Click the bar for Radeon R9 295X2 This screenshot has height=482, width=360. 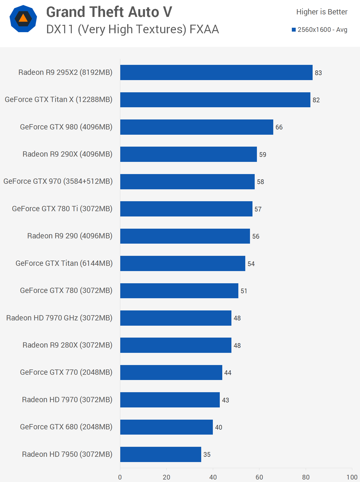pyautogui.click(x=216, y=72)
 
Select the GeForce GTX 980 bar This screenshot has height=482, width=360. pyautogui.click(x=196, y=127)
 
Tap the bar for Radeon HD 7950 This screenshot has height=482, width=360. pyautogui.click(x=160, y=454)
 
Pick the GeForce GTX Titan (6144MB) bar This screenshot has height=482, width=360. pyautogui.click(x=183, y=263)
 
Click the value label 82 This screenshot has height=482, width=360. pyautogui.click(x=316, y=100)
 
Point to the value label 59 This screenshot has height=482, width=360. pyautogui.click(x=263, y=155)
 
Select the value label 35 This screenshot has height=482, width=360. pyautogui.click(x=207, y=455)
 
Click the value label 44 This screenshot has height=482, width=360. pyautogui.click(x=228, y=373)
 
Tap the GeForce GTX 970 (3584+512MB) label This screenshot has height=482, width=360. pyautogui.click(x=58, y=181)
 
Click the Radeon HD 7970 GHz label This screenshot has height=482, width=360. pyautogui.click(x=59, y=318)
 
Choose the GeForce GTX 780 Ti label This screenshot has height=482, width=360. pyautogui.click(x=62, y=209)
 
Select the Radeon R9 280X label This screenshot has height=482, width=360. pyautogui.click(x=67, y=345)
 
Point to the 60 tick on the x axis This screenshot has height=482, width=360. pyautogui.click(x=259, y=477)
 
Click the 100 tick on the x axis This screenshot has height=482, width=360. pyautogui.click(x=352, y=477)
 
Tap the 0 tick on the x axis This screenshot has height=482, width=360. pyautogui.click(x=120, y=477)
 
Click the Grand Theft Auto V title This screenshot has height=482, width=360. pyautogui.click(x=109, y=12)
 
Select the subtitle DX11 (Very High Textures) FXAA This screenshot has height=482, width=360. pyautogui.click(x=132, y=29)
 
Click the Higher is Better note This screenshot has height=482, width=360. pyautogui.click(x=322, y=12)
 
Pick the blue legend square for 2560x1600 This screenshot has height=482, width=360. pyautogui.click(x=294, y=30)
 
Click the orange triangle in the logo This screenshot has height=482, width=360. pyautogui.click(x=23, y=18)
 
